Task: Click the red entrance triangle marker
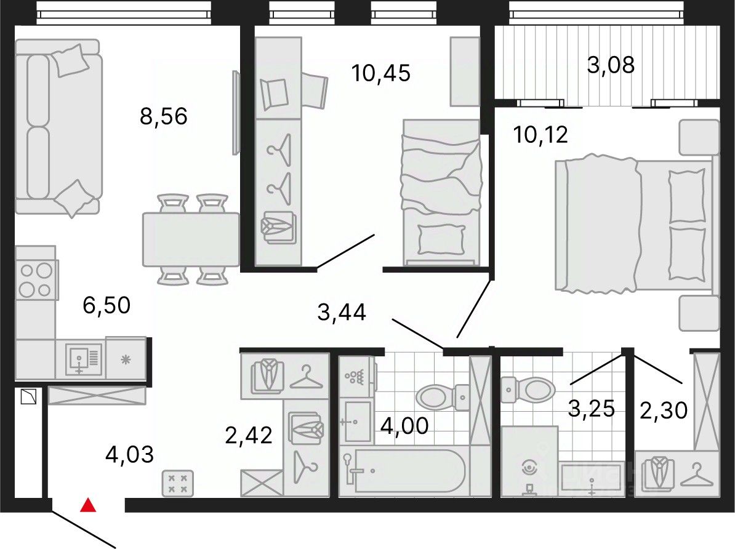click(88, 505)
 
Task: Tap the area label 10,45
click(380, 73)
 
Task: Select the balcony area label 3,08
click(611, 65)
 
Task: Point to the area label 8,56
click(164, 116)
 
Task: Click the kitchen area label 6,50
click(106, 305)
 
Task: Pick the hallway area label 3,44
click(342, 312)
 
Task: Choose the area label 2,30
click(664, 411)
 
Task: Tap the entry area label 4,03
click(129, 455)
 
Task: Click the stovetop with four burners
click(36, 279)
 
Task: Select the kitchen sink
click(84, 359)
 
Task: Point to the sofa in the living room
click(58, 127)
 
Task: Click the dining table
click(191, 239)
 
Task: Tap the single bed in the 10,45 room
click(441, 192)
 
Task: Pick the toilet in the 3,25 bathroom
click(528, 389)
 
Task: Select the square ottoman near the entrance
click(178, 483)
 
